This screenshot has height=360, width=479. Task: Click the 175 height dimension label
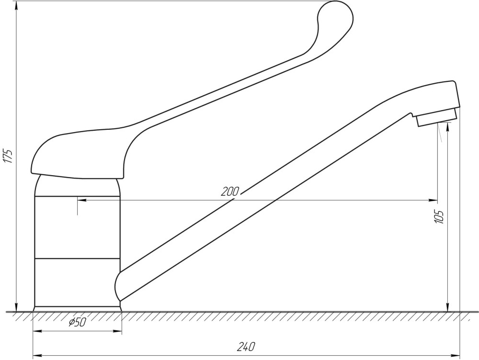coord(9,156)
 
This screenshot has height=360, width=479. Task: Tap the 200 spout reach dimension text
coord(230,191)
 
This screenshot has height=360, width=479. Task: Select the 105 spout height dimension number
coord(439,217)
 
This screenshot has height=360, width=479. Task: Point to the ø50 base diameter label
coord(78,322)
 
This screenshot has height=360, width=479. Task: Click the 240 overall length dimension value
coord(246,347)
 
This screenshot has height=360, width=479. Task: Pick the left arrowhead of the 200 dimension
coord(81,200)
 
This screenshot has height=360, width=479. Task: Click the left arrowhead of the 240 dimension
coord(37,355)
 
